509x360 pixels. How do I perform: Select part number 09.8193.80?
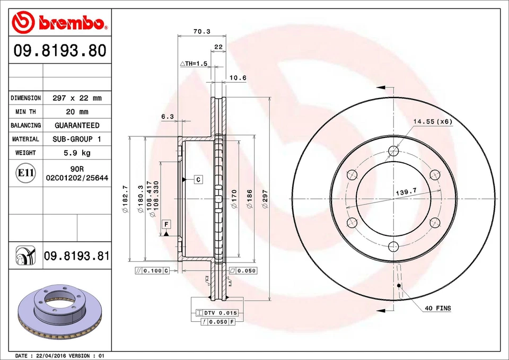tap(60, 51)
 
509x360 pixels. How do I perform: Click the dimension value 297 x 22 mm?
tap(77, 98)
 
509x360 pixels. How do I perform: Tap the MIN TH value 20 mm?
tap(77, 112)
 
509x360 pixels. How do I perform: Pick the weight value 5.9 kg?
tap(77, 153)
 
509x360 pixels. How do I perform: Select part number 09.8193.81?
tap(77, 257)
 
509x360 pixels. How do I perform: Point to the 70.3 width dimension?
tap(201, 31)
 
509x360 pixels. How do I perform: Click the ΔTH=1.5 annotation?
tap(193, 64)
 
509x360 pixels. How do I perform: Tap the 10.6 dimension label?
tap(238, 78)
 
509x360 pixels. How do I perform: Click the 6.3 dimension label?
tap(167, 116)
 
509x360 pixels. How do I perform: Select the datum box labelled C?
tap(198, 179)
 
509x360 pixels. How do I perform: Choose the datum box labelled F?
tap(166, 223)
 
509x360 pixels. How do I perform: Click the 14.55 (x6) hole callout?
tap(433, 121)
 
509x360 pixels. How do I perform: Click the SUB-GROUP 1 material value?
tap(77, 139)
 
